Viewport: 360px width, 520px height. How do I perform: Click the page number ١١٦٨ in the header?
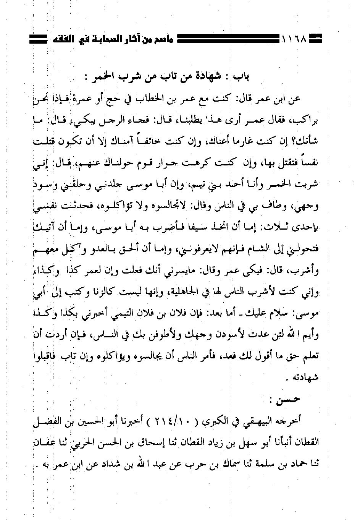tap(295, 39)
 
